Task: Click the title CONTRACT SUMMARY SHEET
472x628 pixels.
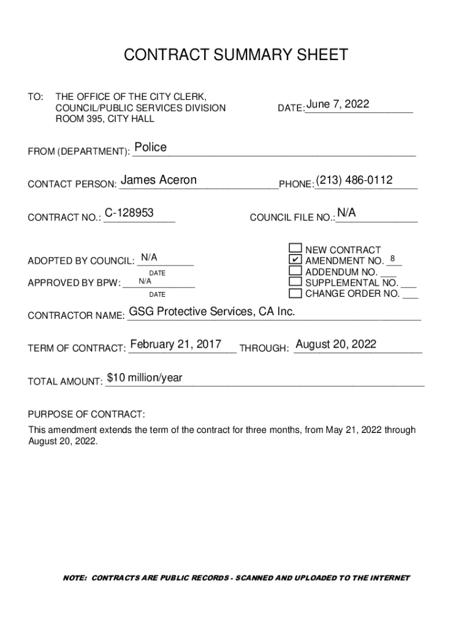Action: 236,55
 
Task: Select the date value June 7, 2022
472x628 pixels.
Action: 338,104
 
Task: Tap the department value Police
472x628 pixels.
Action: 150,147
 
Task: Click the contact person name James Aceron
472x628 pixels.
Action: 159,180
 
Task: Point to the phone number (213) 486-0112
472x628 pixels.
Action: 354,180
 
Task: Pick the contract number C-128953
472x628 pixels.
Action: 129,213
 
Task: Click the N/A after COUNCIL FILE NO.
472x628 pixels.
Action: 346,212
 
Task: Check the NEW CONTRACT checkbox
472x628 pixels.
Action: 295,248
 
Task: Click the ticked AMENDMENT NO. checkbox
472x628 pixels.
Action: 295,259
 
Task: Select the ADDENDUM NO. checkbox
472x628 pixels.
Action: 295,270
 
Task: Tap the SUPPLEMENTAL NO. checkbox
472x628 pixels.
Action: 295,281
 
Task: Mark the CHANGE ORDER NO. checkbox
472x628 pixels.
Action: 295,293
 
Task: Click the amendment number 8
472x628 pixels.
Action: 392,258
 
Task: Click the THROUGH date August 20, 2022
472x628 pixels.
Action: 336,344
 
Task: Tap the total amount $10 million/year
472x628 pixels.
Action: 145,378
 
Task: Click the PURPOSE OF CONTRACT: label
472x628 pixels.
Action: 87,414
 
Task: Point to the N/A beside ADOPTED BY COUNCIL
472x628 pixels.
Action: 149,257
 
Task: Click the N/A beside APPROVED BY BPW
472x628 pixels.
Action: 145,281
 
